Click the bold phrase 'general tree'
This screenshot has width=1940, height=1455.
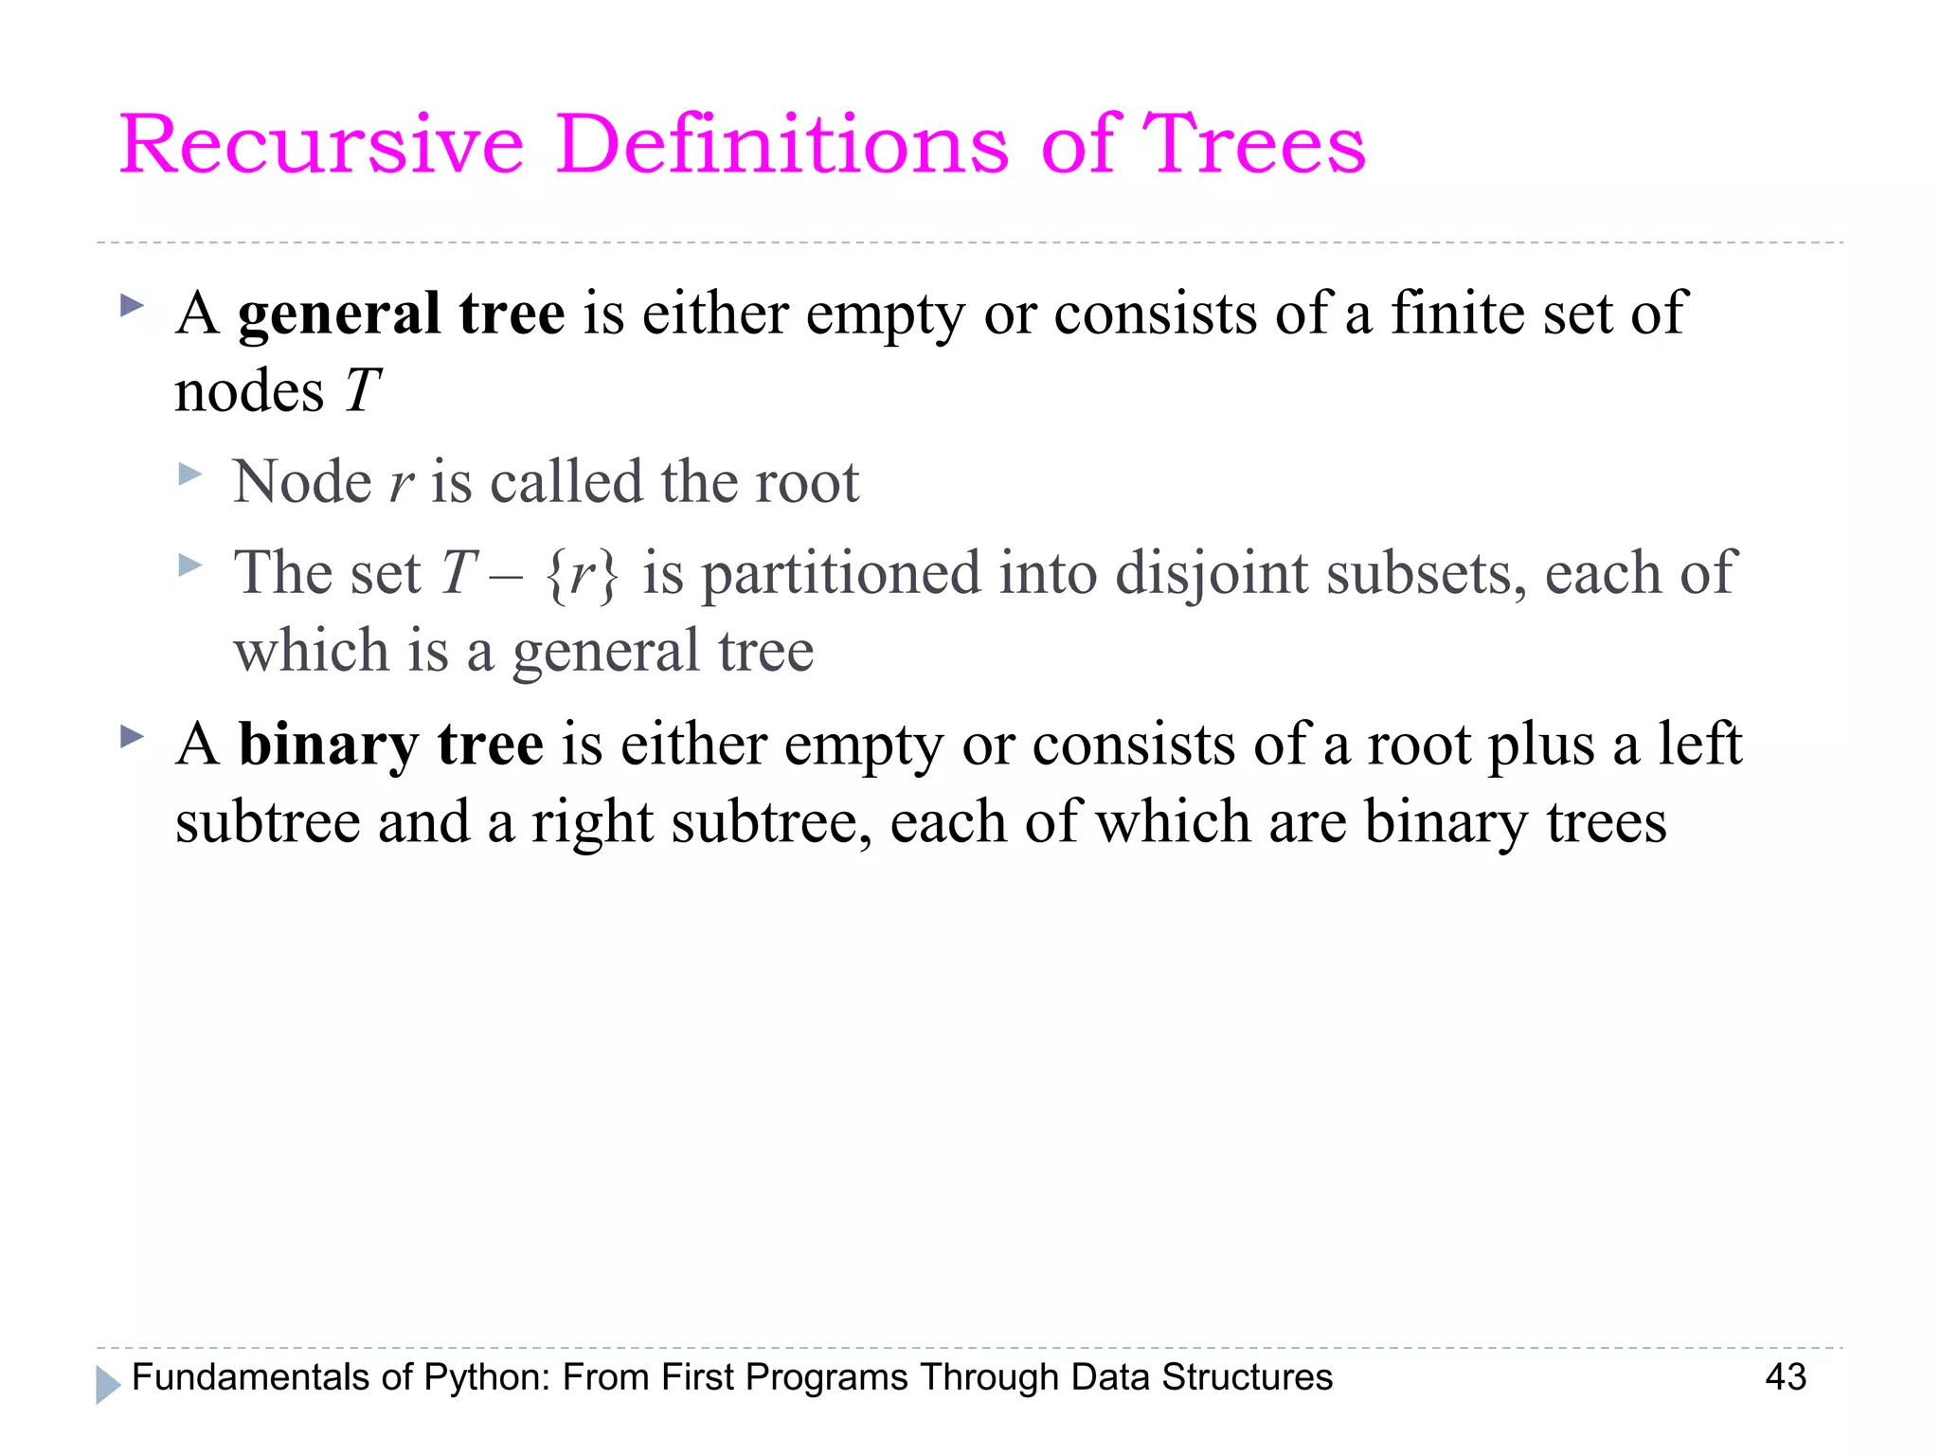pos(402,314)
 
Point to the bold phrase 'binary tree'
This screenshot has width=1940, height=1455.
pos(390,745)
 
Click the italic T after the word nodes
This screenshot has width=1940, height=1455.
pos(362,390)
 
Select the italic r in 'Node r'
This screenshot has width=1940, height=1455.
pos(402,483)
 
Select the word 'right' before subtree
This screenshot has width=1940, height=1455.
pos(592,822)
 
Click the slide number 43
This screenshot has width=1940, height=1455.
pos(1786,1377)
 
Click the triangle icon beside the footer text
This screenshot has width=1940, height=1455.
pos(108,1384)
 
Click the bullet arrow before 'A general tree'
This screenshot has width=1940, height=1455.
pos(133,306)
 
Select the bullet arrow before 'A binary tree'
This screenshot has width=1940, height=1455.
pos(133,736)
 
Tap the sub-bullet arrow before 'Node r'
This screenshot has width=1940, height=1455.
pos(190,474)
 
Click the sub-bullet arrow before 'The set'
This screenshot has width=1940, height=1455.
pos(190,566)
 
